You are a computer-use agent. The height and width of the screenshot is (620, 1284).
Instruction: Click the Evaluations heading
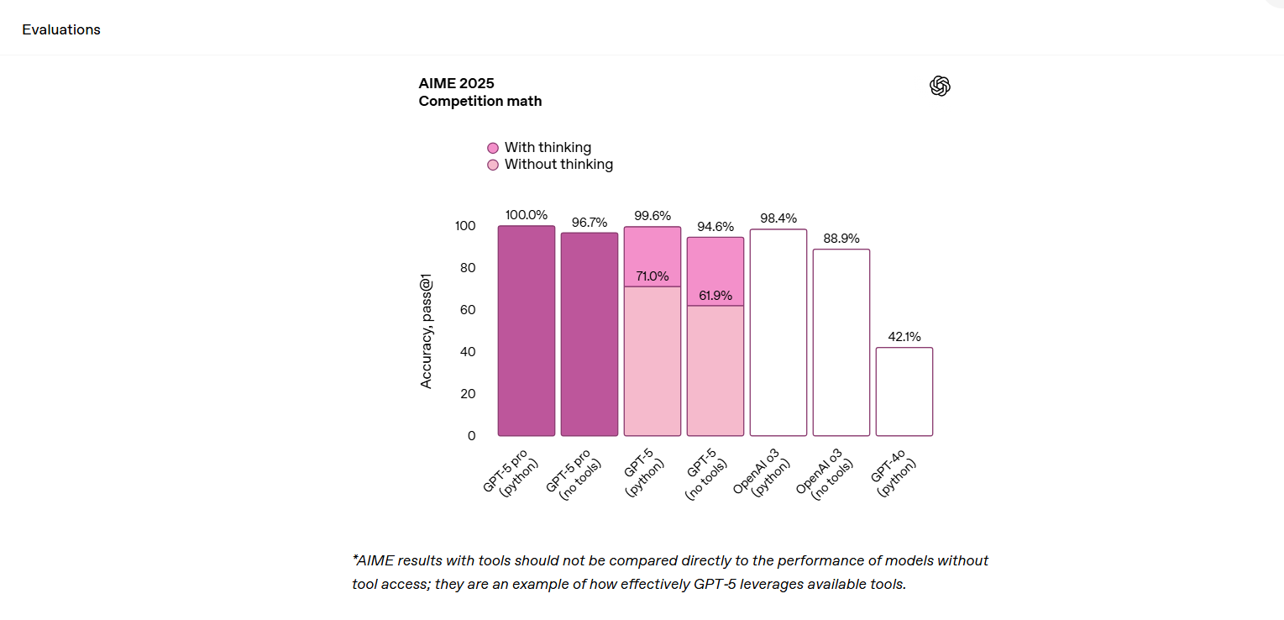click(x=61, y=29)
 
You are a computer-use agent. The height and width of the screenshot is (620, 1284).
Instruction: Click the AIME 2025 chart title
click(x=456, y=83)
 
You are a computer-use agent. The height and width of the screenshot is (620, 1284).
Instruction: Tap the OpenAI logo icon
click(x=940, y=86)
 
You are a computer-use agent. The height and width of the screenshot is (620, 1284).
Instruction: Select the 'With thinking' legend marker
click(x=493, y=148)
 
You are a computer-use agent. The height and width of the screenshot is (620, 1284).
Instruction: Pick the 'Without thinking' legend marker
click(x=493, y=165)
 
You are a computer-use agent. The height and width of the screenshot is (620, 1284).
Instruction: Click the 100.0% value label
click(x=527, y=215)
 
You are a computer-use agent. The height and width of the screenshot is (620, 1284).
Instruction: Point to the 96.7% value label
click(x=590, y=223)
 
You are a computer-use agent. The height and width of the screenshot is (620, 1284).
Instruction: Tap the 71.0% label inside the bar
click(x=652, y=276)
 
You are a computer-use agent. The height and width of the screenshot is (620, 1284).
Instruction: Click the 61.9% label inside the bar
click(x=715, y=295)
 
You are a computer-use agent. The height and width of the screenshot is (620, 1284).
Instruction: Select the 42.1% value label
click(x=904, y=337)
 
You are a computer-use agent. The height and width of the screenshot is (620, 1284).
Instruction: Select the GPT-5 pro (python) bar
click(x=527, y=331)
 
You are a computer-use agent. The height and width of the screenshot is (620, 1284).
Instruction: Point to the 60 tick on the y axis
click(x=466, y=310)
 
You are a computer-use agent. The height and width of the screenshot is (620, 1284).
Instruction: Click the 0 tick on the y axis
click(x=471, y=435)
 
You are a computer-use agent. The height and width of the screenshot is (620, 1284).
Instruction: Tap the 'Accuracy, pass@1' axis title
click(x=427, y=331)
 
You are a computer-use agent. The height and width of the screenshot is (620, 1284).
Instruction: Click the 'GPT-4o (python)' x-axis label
click(x=894, y=476)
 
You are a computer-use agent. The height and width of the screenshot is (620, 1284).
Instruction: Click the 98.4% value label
click(x=778, y=218)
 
